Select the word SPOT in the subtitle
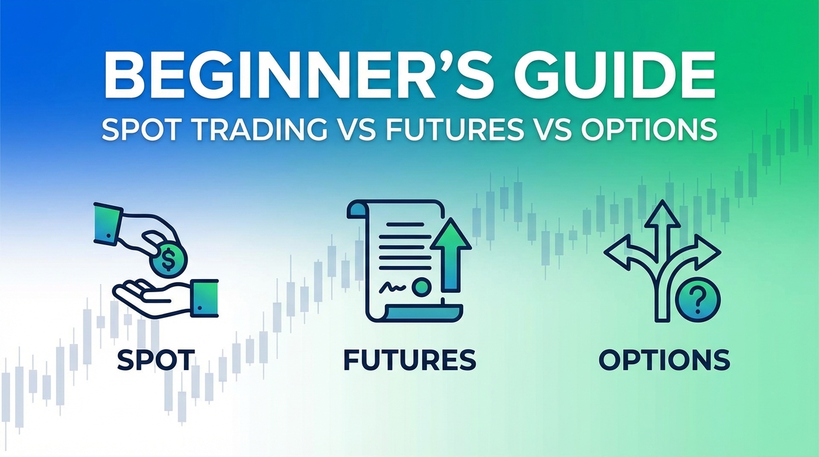(139, 130)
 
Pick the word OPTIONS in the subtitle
(648, 130)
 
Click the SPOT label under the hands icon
(155, 360)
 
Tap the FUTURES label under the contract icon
(410, 360)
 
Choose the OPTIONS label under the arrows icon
(664, 360)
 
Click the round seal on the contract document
(421, 287)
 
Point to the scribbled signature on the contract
(393, 287)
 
